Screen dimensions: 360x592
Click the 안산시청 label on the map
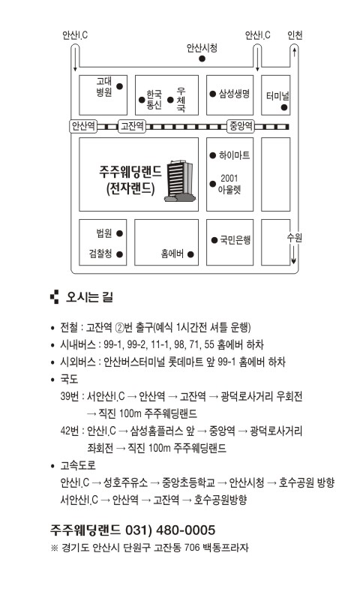pyautogui.click(x=202, y=48)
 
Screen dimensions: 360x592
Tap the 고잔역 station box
pyautogui.click(x=132, y=126)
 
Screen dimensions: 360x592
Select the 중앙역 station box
pyautogui.click(x=241, y=126)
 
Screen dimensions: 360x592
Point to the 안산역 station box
pyautogui.click(x=83, y=126)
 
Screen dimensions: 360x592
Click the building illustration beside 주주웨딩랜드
pyautogui.click(x=180, y=181)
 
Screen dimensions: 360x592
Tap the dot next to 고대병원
pyautogui.click(x=119, y=86)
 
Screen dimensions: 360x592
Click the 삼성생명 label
pyautogui.click(x=234, y=94)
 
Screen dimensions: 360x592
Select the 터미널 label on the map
pyautogui.click(x=277, y=96)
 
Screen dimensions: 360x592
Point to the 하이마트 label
pyautogui.click(x=234, y=155)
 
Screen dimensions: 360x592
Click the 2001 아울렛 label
pyautogui.click(x=229, y=184)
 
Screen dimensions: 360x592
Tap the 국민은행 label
pyautogui.click(x=235, y=240)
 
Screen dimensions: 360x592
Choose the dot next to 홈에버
pyautogui.click(x=190, y=254)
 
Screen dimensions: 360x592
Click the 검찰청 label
pyautogui.click(x=100, y=254)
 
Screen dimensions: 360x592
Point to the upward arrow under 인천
pyautogui.click(x=294, y=51)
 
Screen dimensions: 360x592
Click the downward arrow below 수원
pyautogui.click(x=293, y=255)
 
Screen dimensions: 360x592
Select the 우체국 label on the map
pyautogui.click(x=181, y=100)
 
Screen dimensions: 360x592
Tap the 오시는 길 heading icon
pyautogui.click(x=55, y=297)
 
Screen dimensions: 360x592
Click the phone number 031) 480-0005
pyautogui.click(x=170, y=530)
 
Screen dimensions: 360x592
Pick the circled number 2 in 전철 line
pyautogui.click(x=119, y=328)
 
